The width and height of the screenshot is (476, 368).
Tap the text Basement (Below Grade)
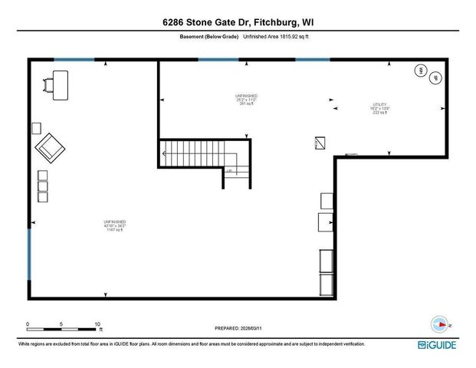click(x=209, y=37)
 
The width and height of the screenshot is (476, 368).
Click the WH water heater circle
click(x=420, y=71)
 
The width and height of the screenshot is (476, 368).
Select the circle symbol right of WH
click(x=435, y=78)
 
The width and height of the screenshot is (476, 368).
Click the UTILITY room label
click(x=382, y=108)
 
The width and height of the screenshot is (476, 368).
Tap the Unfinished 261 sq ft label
click(x=245, y=99)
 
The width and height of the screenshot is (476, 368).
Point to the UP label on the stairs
click(x=228, y=170)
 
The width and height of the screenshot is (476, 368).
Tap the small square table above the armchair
click(x=36, y=127)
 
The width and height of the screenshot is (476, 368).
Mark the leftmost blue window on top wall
click(x=74, y=59)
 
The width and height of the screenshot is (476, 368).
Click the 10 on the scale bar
click(x=97, y=324)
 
